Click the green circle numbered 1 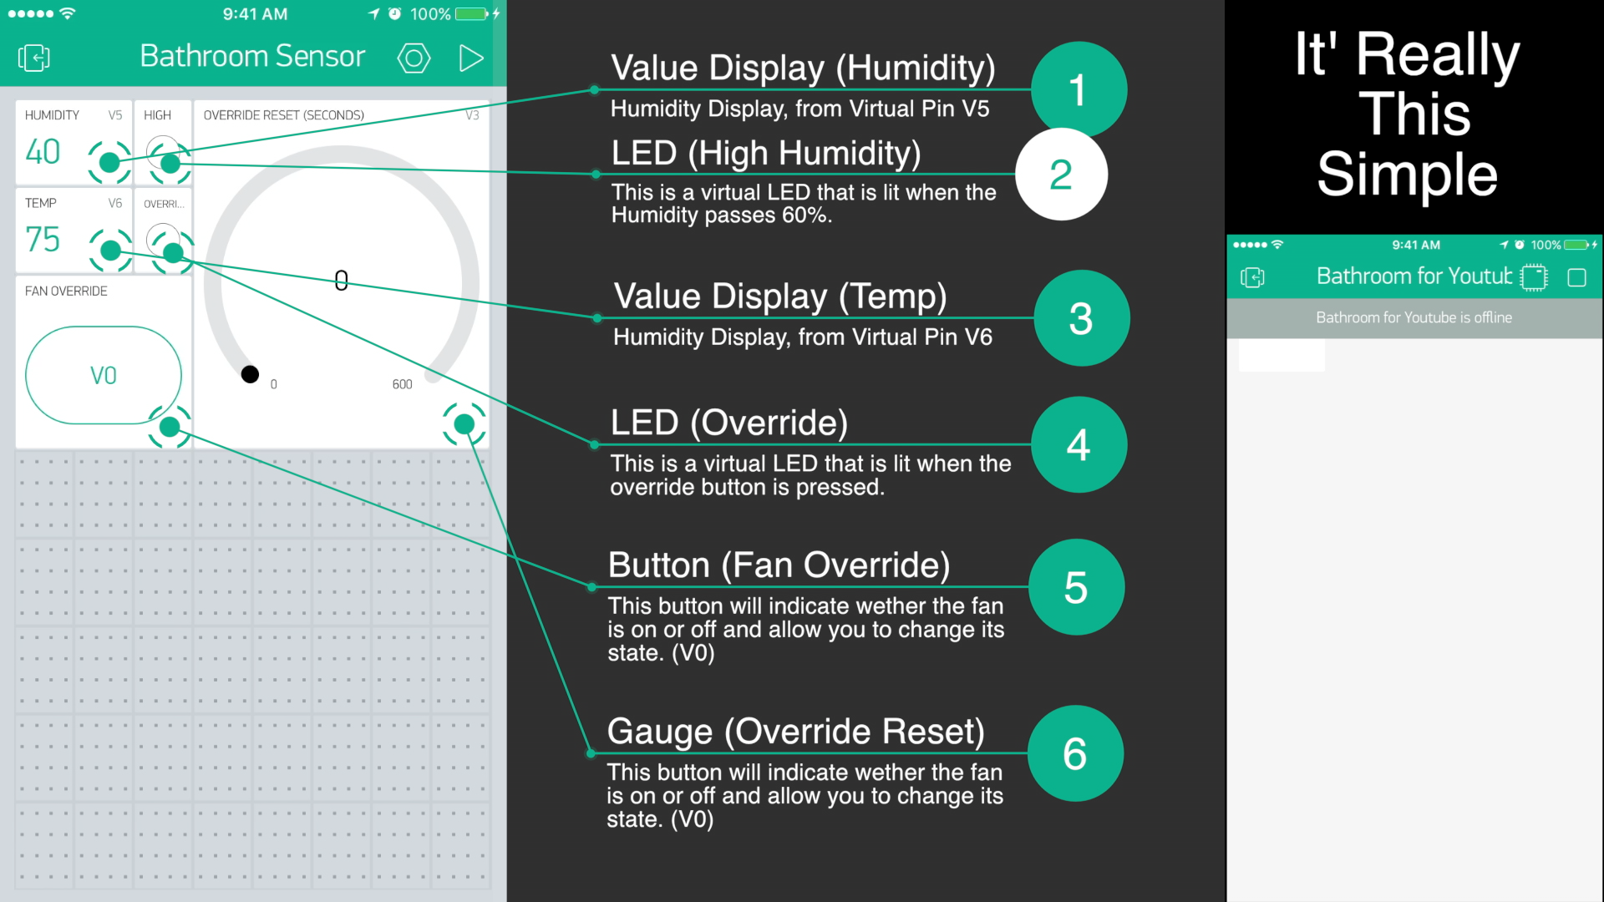[1079, 89]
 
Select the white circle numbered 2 [1061, 174]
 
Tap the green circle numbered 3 [1082, 318]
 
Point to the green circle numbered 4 [1079, 444]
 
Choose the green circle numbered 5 [1076, 587]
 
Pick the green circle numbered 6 [1075, 753]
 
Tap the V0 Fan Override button [104, 375]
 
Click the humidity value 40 [43, 152]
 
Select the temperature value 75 [43, 240]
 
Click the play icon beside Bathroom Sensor [471, 58]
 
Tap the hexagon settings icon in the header [414, 58]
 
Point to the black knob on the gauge [250, 374]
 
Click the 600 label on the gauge [402, 384]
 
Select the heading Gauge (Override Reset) [796, 732]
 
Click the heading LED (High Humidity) [766, 154]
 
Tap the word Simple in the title [1408, 175]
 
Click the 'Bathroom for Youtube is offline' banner [1414, 318]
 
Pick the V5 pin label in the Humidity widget [115, 115]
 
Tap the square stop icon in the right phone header [1576, 277]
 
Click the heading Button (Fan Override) [779, 565]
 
